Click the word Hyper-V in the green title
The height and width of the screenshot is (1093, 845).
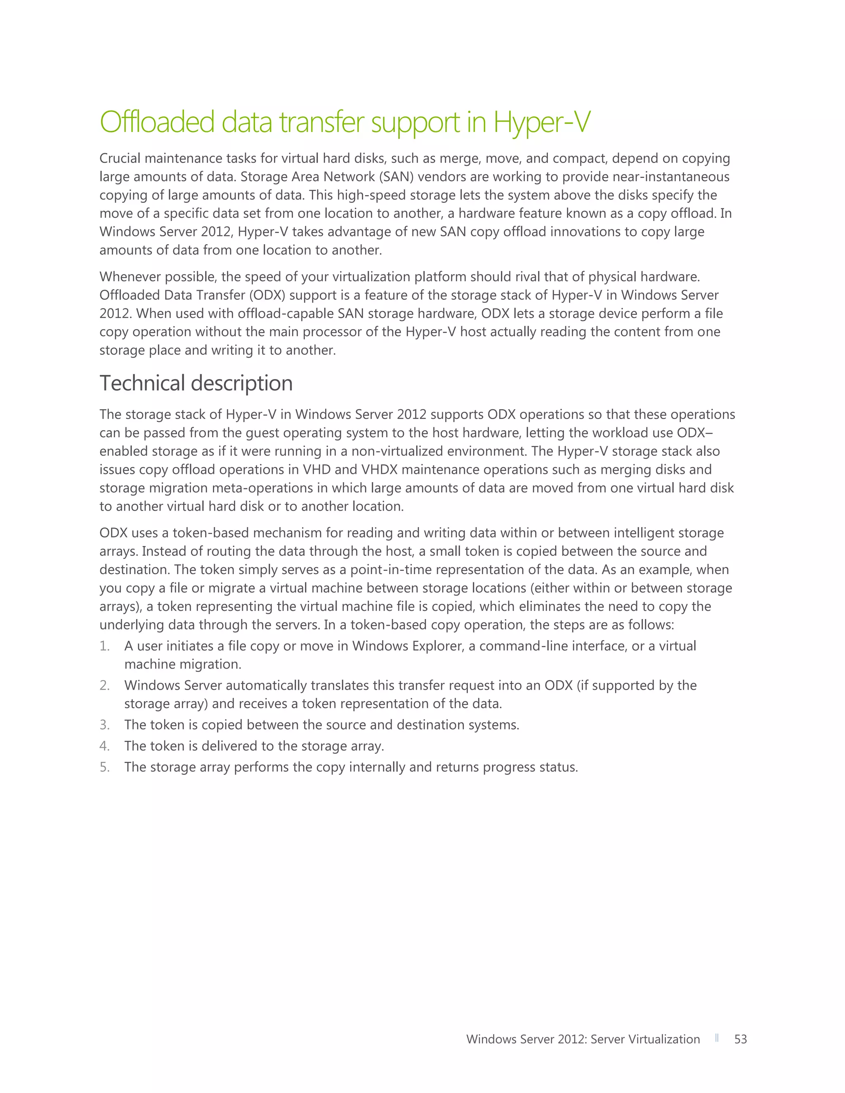pyautogui.click(x=542, y=122)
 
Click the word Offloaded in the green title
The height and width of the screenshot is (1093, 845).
pyautogui.click(x=157, y=122)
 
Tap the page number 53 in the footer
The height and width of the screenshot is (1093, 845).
pyautogui.click(x=740, y=1039)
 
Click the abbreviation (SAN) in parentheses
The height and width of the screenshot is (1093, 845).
pyautogui.click(x=397, y=177)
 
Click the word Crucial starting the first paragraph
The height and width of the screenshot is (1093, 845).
pyautogui.click(x=120, y=159)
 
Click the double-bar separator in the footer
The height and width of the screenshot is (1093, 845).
pyautogui.click(x=717, y=1039)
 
